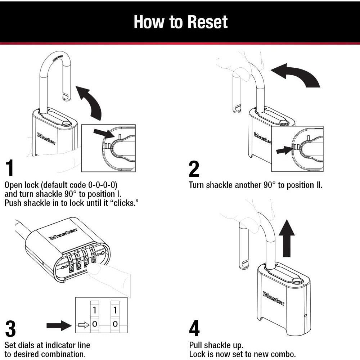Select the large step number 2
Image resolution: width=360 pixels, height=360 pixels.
194,169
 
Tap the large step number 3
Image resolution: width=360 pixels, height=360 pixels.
10,329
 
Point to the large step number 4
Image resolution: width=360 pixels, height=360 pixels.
194,329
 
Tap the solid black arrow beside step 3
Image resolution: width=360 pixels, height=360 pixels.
59,325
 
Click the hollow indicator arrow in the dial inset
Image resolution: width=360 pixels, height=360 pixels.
84,324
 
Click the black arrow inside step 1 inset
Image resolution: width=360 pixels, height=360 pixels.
103,133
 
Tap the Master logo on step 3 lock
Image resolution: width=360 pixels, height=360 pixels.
63,234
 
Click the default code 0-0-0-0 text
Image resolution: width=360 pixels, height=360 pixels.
103,185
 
